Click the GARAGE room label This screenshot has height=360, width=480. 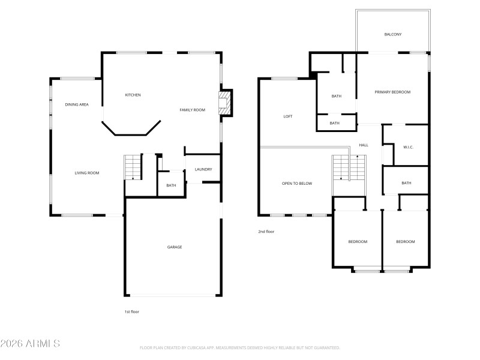click(175, 247)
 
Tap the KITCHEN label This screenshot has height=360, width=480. click(133, 95)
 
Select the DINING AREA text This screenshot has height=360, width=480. click(77, 105)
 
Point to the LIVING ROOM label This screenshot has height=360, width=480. click(86, 173)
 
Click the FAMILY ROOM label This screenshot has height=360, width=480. click(193, 110)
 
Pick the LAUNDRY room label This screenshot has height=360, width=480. click(203, 169)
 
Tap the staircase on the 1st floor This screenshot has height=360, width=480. click(133, 166)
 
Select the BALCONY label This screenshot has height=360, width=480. click(393, 34)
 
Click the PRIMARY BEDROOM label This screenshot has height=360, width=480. click(392, 92)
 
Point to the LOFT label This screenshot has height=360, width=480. click(288, 116)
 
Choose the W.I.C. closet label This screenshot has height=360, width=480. click(409, 147)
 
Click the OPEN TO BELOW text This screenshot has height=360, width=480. click(297, 184)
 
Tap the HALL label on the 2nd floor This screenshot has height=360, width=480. click(364, 145)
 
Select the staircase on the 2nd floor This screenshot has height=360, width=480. click(349, 167)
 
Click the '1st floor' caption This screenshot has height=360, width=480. click(131, 312)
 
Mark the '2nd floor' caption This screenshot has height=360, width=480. click(266, 231)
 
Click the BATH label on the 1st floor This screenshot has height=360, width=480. click(172, 185)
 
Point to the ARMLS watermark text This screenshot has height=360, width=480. click(30, 344)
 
